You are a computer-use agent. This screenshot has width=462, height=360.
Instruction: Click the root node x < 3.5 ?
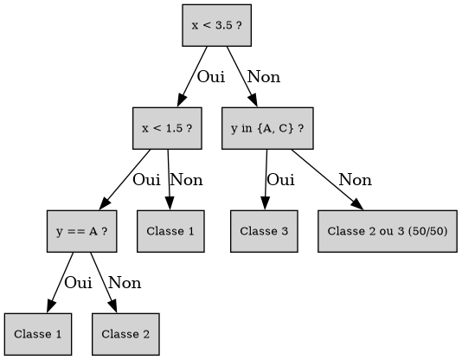(217, 25)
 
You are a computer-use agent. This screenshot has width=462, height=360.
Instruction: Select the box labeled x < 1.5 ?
(167, 128)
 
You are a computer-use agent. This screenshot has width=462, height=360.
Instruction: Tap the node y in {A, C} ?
(267, 128)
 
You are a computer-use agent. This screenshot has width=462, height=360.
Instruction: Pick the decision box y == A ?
(82, 231)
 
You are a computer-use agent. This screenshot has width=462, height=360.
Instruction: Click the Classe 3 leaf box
(264, 231)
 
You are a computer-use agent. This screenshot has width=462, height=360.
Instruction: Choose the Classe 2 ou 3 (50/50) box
(388, 231)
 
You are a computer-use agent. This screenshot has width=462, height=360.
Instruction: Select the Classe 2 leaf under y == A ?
(125, 334)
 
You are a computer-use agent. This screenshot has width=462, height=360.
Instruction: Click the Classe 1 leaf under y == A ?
(38, 334)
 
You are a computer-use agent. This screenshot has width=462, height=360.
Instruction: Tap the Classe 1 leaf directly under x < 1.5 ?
(170, 231)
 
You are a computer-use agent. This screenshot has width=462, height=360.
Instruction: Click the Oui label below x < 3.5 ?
(211, 77)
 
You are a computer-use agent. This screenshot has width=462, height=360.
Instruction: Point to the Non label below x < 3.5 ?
(264, 77)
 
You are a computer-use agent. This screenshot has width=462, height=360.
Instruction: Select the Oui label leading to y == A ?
(146, 180)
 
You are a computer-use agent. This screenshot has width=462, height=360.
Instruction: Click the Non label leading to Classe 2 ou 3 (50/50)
(355, 180)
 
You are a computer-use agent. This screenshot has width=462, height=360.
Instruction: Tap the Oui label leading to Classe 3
(280, 180)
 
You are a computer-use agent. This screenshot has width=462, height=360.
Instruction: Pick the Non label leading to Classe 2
(125, 283)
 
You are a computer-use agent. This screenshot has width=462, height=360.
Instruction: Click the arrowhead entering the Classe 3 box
(265, 203)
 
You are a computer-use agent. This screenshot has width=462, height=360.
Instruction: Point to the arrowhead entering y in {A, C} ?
(253, 100)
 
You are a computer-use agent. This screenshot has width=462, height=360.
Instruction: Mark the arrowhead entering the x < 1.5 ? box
(181, 100)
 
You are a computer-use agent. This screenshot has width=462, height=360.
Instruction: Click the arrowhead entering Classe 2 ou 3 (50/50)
(357, 205)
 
